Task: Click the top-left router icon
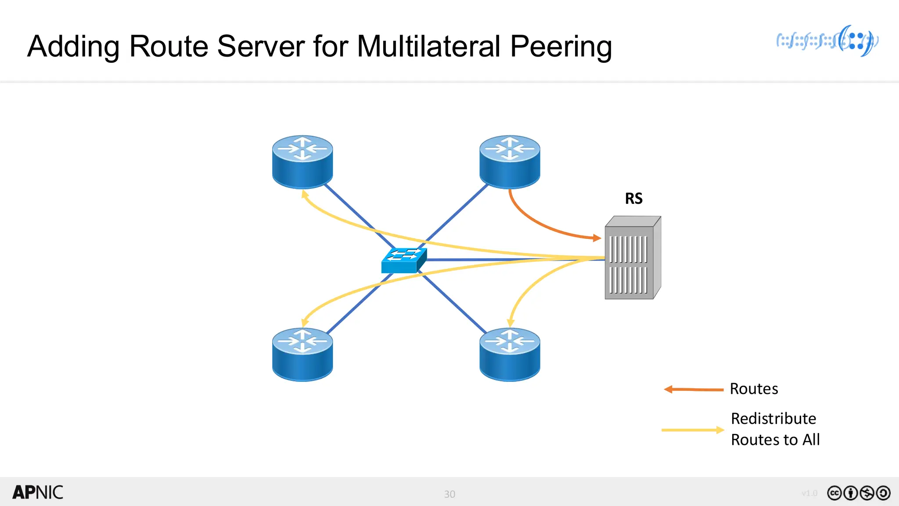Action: pos(302,162)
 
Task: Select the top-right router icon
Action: pos(510,162)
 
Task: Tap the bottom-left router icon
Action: pos(302,354)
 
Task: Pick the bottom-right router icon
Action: pos(510,354)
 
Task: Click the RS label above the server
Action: pos(633,199)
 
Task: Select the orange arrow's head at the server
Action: pos(597,238)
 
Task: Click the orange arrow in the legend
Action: pos(694,389)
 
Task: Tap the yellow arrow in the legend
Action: pos(693,430)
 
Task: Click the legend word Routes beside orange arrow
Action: pos(754,389)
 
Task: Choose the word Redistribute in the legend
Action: pos(773,419)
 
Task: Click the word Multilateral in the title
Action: pos(428,46)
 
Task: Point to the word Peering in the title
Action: pos(561,47)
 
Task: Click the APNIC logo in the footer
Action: pos(38,492)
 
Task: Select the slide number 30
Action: pos(449,494)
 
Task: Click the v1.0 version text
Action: pos(809,493)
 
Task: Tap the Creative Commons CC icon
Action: pos(834,493)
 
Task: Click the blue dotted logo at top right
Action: pos(827,41)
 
